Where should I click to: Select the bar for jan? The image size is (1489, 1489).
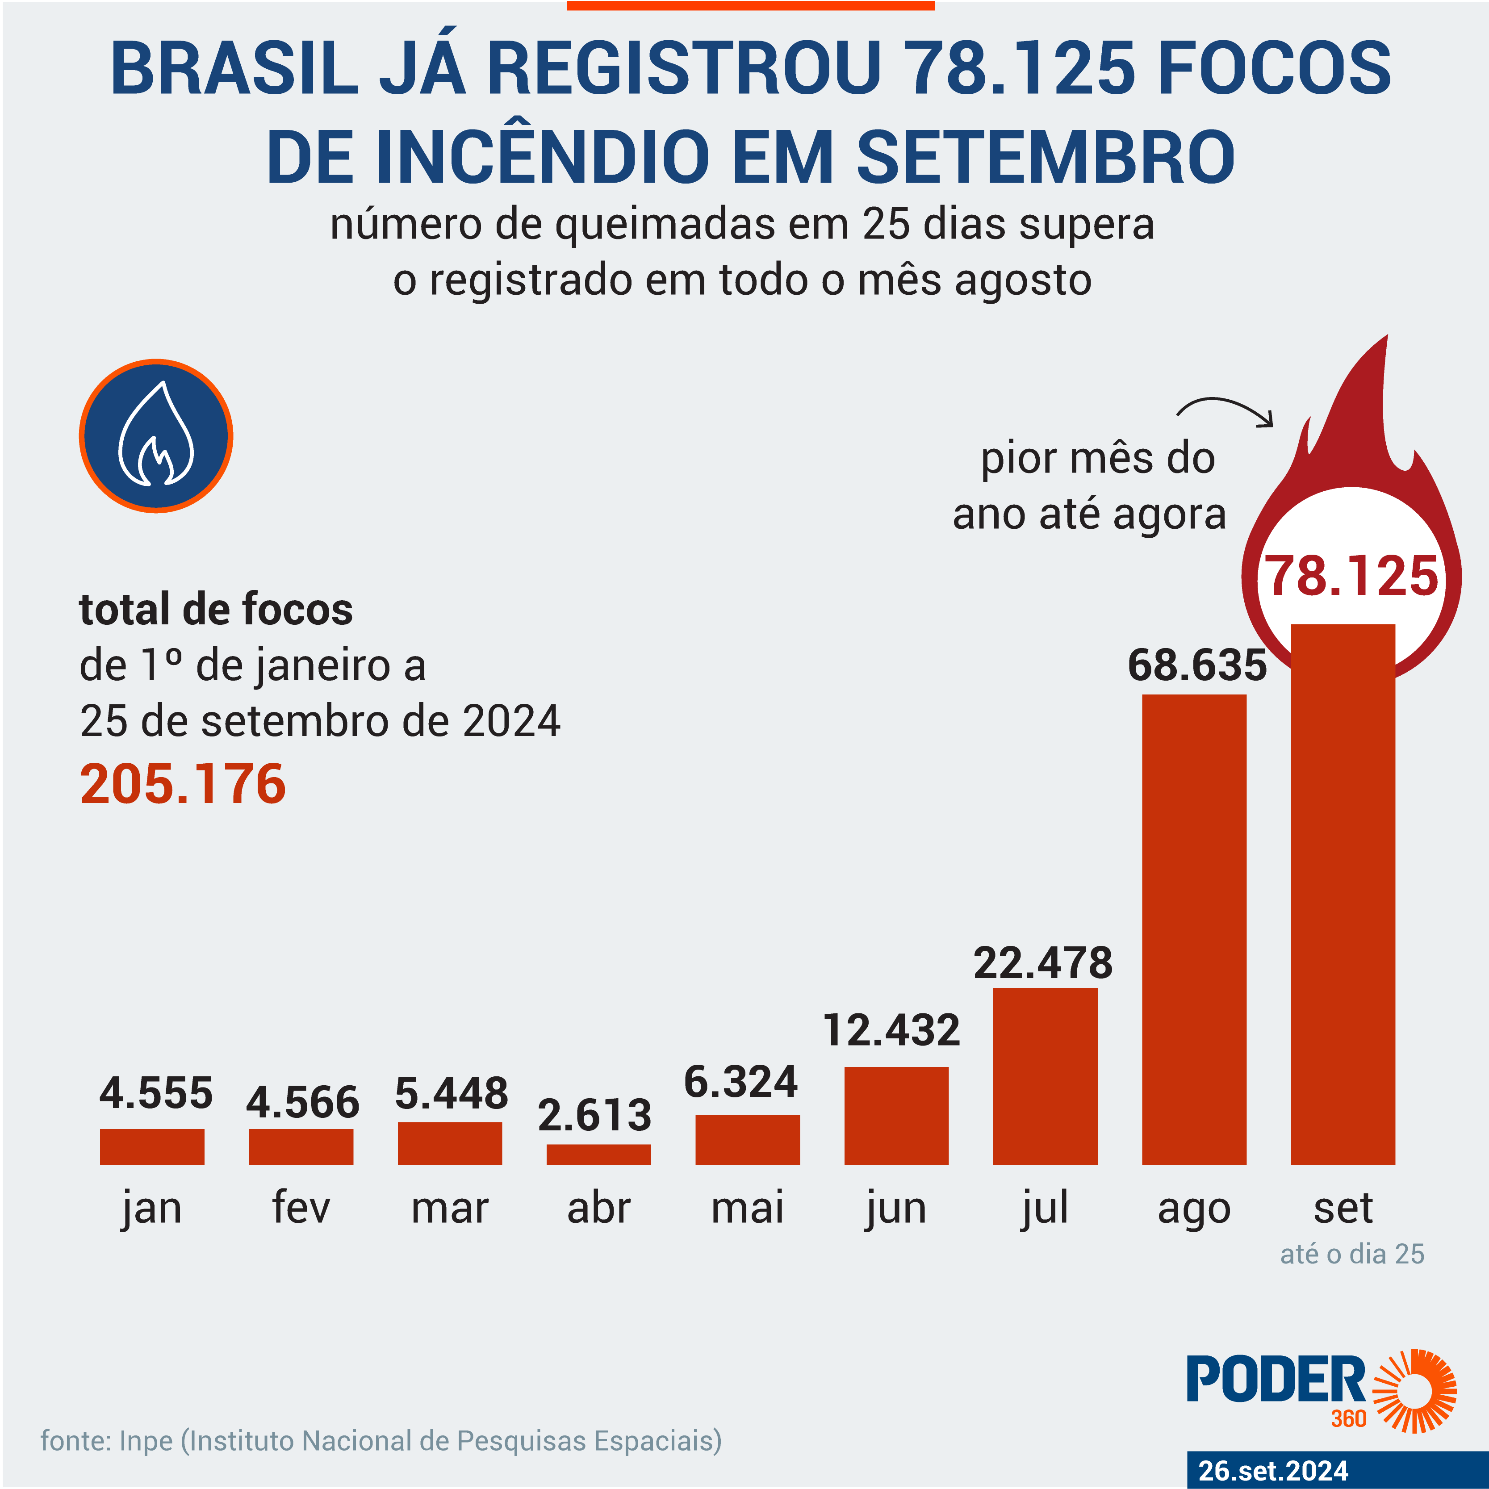click(152, 1147)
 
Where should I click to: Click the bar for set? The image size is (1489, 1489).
click(1343, 894)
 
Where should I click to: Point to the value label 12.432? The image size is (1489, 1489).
click(892, 1030)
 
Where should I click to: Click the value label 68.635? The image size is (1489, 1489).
click(1197, 665)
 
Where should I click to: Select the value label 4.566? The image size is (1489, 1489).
click(302, 1102)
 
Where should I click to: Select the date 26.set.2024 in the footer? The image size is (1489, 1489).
click(1274, 1471)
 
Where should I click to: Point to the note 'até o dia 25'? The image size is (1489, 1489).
click(1352, 1254)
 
